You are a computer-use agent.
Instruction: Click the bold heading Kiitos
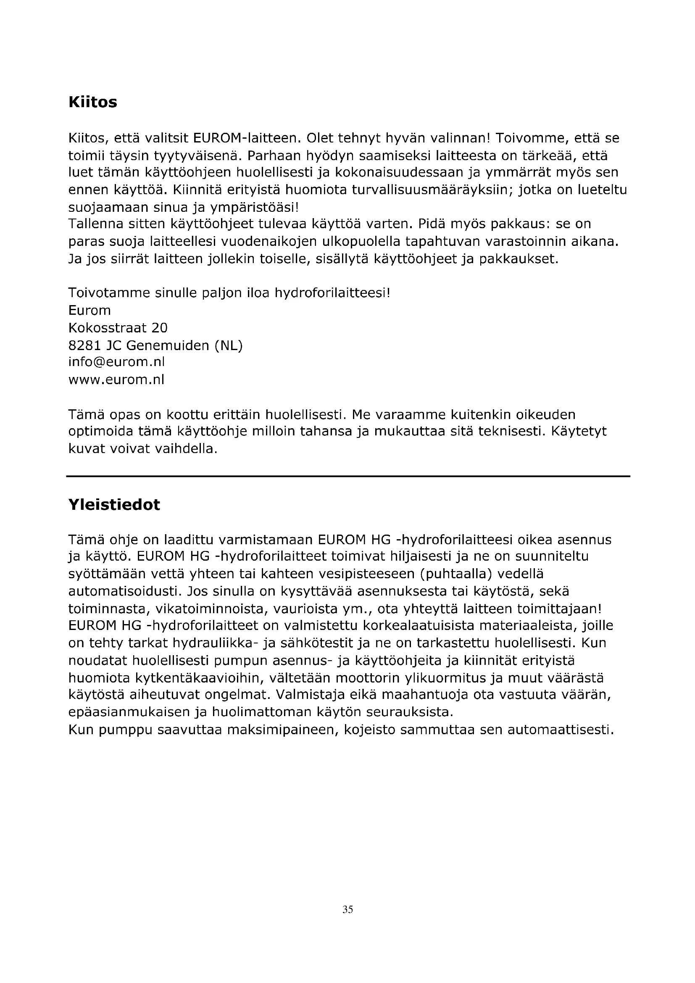[x=92, y=102]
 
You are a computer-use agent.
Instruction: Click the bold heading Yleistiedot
[x=114, y=505]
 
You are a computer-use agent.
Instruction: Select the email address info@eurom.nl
[x=116, y=362]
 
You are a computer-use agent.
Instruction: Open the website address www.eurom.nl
[x=116, y=380]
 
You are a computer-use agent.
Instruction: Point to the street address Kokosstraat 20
[x=118, y=328]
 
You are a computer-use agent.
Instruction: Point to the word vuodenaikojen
[x=269, y=242]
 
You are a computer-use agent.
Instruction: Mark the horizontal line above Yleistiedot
[x=347, y=476]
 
